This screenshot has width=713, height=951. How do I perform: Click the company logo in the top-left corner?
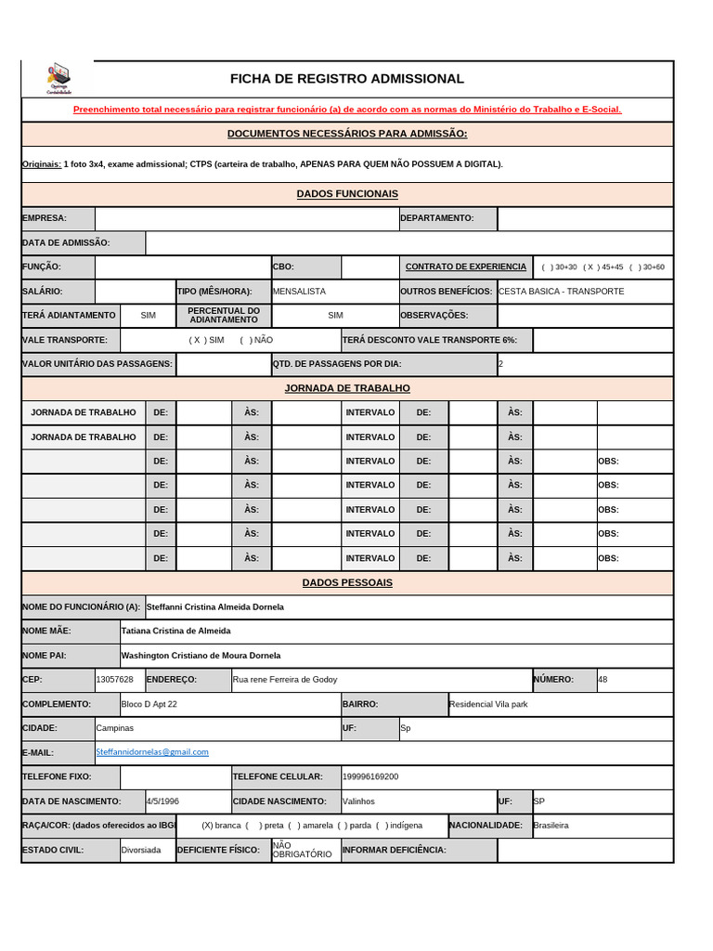[58, 78]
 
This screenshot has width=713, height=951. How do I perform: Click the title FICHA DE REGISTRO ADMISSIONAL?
[347, 79]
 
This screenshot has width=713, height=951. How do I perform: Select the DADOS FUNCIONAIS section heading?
[347, 194]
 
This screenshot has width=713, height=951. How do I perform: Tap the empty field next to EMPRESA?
[246, 218]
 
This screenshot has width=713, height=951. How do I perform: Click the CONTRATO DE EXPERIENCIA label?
[466, 267]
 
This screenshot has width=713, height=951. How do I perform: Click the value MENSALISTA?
[299, 292]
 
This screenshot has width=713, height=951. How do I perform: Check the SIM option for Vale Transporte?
[207, 340]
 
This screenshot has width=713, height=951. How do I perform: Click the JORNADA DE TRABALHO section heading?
[347, 388]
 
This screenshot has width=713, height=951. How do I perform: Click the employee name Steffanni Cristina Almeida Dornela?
[215, 607]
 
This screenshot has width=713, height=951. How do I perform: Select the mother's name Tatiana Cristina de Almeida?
[175, 631]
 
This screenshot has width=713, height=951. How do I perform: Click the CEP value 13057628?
[114, 680]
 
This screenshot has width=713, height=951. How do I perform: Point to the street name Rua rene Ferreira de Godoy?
[285, 680]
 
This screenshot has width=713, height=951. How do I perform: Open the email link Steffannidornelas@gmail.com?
[152, 752]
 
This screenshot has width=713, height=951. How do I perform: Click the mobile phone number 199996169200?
[370, 776]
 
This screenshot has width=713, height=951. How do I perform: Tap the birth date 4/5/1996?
[162, 801]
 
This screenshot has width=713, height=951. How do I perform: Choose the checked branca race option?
[221, 825]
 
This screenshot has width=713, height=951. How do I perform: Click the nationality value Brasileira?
[551, 825]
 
